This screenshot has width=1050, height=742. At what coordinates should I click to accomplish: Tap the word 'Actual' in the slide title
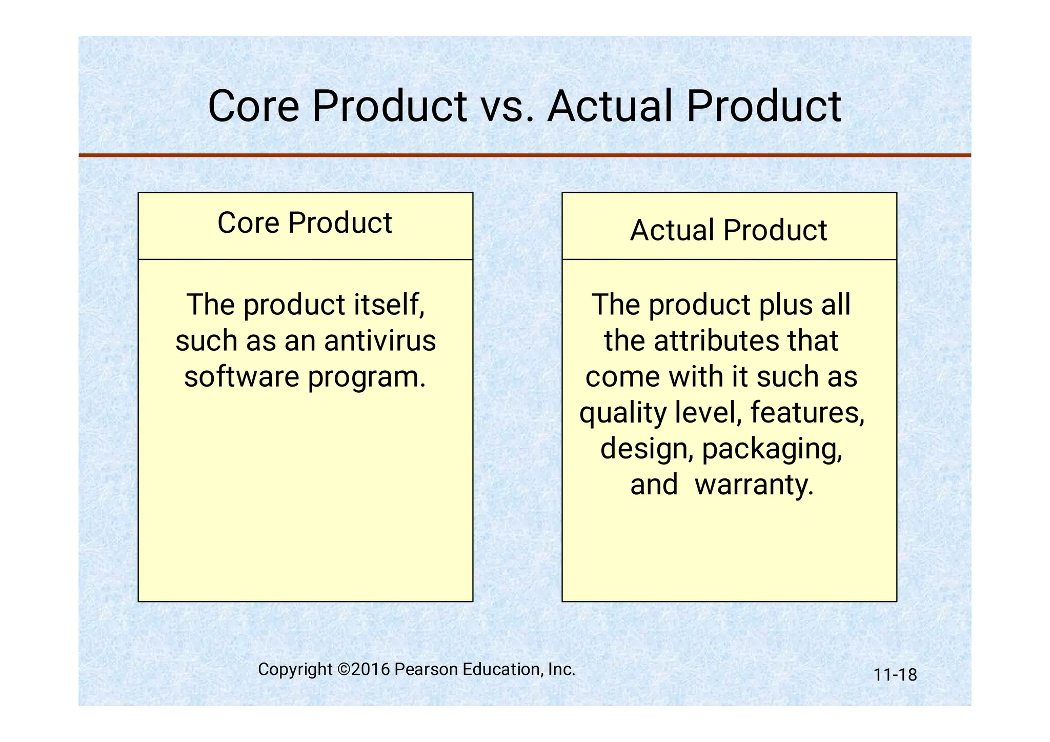click(610, 107)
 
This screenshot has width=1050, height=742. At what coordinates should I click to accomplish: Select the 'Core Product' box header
click(305, 223)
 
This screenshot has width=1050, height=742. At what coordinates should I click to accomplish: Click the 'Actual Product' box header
click(728, 230)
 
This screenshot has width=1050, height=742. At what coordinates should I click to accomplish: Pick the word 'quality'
click(622, 413)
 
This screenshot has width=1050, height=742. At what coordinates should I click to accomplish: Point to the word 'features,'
click(807, 412)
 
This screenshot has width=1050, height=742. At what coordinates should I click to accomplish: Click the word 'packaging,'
click(772, 449)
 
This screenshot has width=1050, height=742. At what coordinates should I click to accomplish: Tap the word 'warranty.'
click(754, 485)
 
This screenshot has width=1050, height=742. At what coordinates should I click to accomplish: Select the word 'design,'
click(647, 449)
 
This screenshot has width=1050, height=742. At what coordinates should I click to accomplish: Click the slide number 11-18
click(895, 675)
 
